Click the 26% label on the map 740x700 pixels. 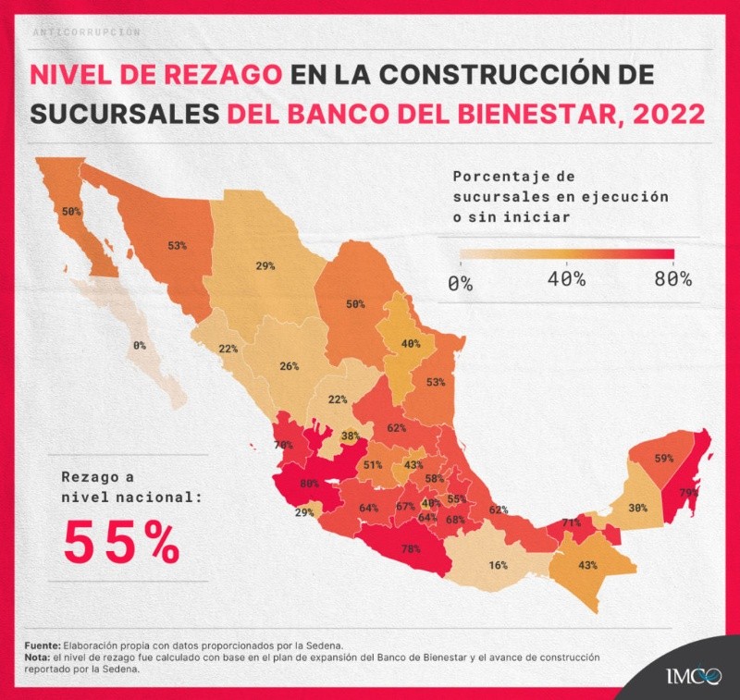point(289,366)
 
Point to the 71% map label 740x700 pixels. point(571,523)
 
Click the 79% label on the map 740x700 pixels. point(688,492)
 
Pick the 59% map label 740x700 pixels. point(663,458)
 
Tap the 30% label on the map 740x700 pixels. point(637,508)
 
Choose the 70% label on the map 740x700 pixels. point(283,445)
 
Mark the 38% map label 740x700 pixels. point(350,436)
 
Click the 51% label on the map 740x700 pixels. point(372,465)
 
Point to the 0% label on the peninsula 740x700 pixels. point(139,345)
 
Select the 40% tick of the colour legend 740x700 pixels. point(565,280)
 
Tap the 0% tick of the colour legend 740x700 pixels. point(460,282)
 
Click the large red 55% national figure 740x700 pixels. point(121,543)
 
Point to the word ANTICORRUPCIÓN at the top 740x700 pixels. point(85,31)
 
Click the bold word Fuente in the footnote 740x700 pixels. point(42,645)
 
